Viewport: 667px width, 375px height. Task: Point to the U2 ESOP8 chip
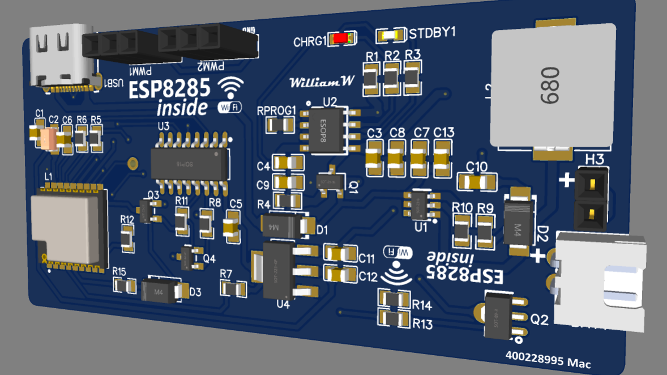click(323, 131)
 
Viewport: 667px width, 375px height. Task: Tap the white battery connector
click(600, 280)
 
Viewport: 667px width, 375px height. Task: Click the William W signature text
click(322, 82)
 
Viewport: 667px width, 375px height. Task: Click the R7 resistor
click(233, 289)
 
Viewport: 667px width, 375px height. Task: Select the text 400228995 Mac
click(548, 359)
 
